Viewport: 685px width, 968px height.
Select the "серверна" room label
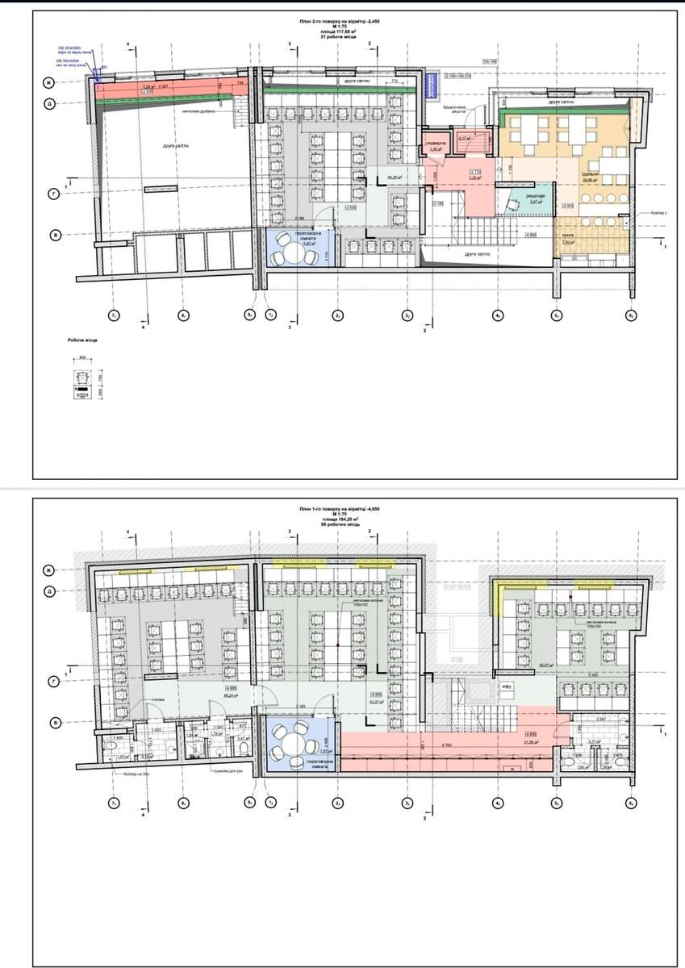tap(436, 143)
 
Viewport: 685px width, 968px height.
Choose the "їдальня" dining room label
tap(591, 174)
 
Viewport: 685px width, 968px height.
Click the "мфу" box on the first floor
tap(507, 687)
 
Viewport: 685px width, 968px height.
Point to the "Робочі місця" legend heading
tap(82, 341)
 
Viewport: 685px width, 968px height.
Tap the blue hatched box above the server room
tap(431, 94)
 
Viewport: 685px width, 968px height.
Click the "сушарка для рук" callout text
tap(229, 771)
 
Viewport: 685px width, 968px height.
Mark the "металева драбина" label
tap(198, 112)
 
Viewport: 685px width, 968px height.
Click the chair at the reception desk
tap(511, 207)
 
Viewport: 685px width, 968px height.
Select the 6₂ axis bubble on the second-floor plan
tap(632, 315)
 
